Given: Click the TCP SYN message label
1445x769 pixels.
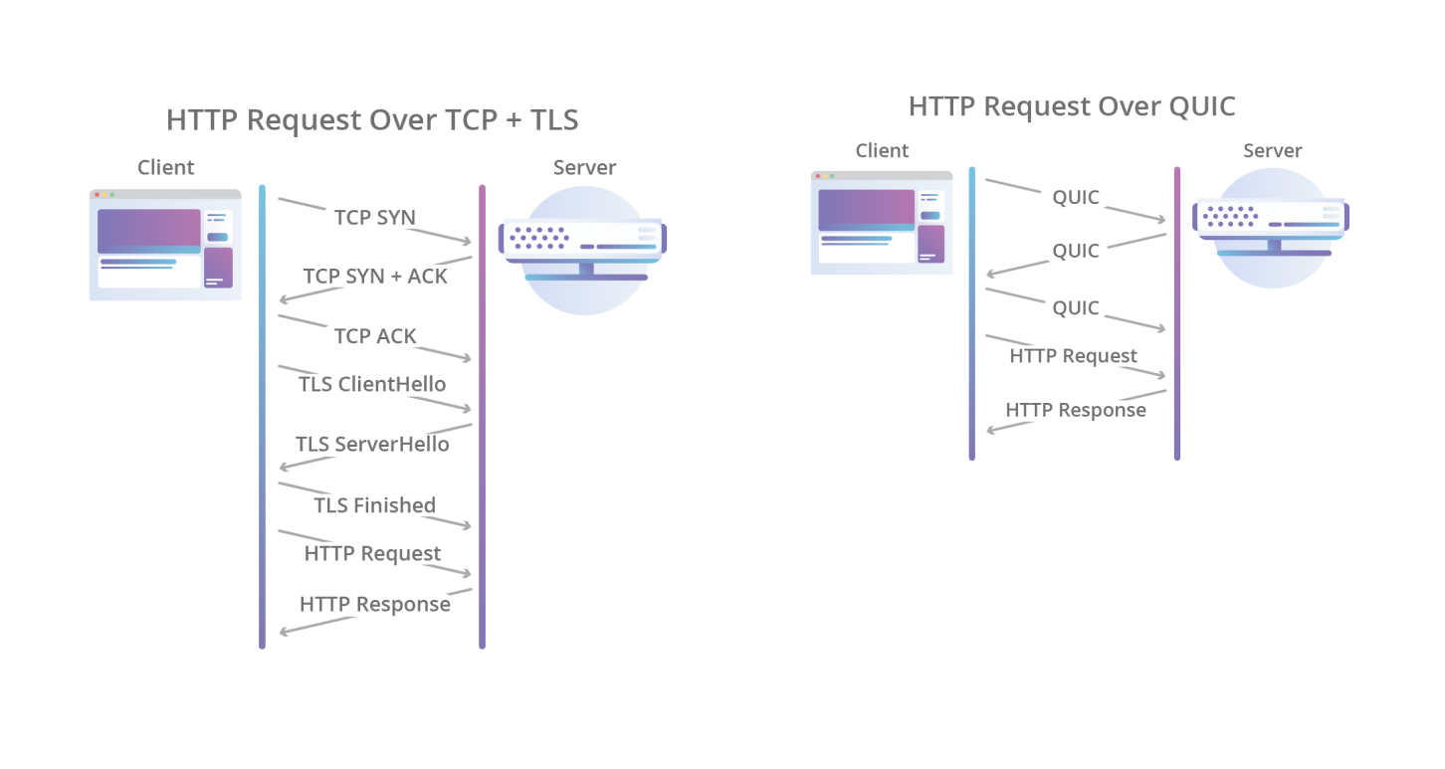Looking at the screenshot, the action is click(375, 218).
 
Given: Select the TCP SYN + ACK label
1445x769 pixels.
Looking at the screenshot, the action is click(375, 277).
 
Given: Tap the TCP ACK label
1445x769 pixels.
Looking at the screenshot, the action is click(375, 336).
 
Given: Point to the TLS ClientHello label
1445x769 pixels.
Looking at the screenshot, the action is click(372, 384).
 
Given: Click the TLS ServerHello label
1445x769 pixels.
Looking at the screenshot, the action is click(372, 444).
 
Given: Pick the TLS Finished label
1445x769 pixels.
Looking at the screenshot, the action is click(375, 505).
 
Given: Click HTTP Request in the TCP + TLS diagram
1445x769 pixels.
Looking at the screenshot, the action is click(372, 554).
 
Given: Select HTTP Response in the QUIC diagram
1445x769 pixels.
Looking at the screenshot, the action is click(1076, 411).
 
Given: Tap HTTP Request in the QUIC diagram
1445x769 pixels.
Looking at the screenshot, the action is click(1074, 356).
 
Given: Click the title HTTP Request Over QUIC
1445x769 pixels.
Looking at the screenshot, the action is click(1072, 106).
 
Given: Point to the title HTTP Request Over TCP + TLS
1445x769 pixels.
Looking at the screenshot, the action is click(372, 120).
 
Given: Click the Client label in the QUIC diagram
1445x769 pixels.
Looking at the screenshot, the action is click(882, 151).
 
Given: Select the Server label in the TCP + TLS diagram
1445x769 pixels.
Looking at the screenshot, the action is click(584, 167).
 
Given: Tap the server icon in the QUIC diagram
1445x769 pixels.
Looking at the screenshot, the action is click(1271, 228).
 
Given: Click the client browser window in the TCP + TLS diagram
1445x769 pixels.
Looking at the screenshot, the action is click(165, 245).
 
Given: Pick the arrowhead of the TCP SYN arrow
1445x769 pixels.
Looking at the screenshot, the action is click(467, 241).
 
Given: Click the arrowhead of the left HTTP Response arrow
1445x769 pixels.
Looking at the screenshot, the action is click(285, 632).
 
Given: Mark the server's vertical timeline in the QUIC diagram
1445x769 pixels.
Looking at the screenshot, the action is click(1177, 313).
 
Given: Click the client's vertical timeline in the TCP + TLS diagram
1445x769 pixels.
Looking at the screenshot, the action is click(262, 417).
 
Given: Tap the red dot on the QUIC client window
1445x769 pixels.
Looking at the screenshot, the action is click(818, 176).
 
